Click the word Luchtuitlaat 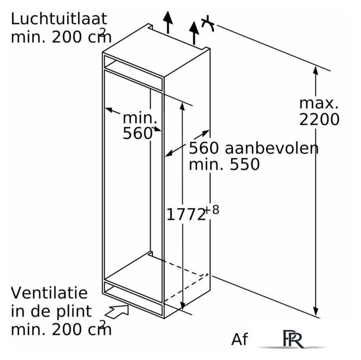coord(59,19)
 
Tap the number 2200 coord(319,119)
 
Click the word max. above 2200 coord(319,103)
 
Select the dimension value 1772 coord(186,214)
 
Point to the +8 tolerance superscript coord(212,210)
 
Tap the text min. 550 coord(224,164)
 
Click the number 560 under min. coord(138,133)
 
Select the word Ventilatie coord(49,292)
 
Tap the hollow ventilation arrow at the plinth coord(117,312)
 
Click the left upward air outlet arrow coord(168,22)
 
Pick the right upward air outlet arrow coord(194,33)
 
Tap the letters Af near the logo coord(240,339)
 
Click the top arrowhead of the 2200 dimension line coord(315,70)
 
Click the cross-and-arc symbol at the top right coord(208,24)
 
